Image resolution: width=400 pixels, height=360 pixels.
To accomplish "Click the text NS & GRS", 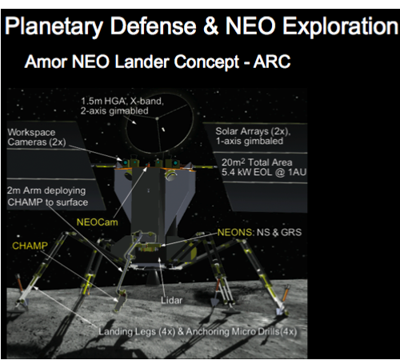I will click(x=275, y=231).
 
